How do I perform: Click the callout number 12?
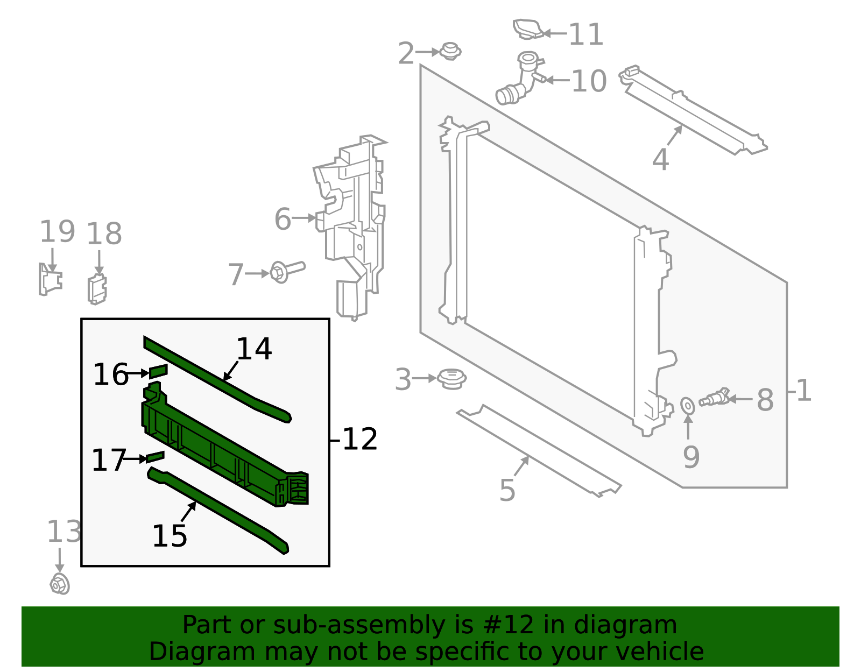click(x=360, y=440)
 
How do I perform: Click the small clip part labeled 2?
click(x=450, y=52)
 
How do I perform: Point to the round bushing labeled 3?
click(x=451, y=379)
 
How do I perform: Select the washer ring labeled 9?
click(x=688, y=406)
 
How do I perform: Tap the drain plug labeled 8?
click(x=714, y=399)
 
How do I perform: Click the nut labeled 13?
click(x=60, y=584)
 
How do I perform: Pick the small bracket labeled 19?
click(x=50, y=279)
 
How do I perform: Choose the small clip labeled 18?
click(x=97, y=289)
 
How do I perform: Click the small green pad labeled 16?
click(x=158, y=371)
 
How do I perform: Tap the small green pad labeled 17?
click(x=155, y=457)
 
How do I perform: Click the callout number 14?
click(x=254, y=349)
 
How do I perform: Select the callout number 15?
click(x=170, y=536)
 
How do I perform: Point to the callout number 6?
click(x=283, y=220)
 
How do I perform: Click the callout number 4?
click(x=660, y=160)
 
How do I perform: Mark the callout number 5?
click(x=507, y=490)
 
